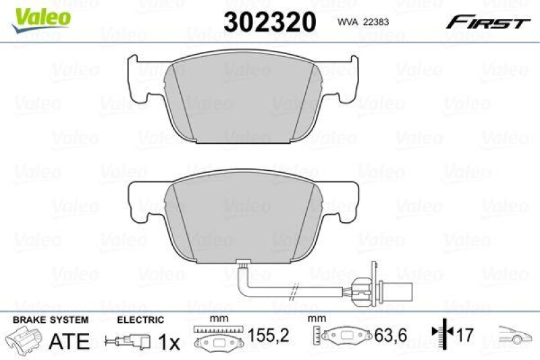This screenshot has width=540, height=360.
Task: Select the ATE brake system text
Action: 70,341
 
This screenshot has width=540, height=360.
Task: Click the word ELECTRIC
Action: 140,319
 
